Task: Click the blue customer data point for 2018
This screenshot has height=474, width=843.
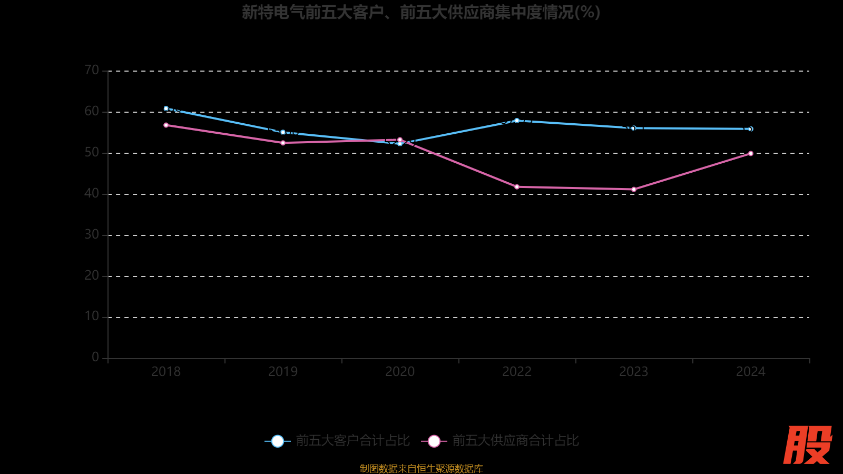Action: click(166, 108)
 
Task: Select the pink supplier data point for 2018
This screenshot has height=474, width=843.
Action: click(166, 125)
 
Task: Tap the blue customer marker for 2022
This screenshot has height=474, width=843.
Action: click(517, 121)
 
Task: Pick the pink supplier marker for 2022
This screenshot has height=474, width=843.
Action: click(517, 187)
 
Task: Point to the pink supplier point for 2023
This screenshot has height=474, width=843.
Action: click(634, 190)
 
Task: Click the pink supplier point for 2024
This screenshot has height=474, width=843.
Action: click(751, 154)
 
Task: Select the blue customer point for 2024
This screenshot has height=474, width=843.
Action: click(751, 129)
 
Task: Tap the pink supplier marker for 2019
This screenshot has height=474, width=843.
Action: click(283, 143)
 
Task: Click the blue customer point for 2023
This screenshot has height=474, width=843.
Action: click(634, 128)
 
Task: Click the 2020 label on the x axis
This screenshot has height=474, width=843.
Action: click(400, 372)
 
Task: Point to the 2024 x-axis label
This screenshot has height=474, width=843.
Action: click(751, 372)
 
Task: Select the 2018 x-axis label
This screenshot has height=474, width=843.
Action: click(166, 372)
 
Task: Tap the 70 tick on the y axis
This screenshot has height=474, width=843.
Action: click(92, 71)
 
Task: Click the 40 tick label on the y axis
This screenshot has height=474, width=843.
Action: click(92, 194)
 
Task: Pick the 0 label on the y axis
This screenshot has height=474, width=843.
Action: click(95, 358)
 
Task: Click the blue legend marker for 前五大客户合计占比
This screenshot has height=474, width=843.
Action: click(278, 441)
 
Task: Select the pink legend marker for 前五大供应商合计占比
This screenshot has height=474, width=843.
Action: click(434, 441)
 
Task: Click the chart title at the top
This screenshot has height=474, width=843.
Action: click(421, 12)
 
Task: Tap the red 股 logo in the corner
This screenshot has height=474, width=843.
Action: click(807, 445)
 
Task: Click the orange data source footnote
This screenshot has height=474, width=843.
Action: click(421, 468)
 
